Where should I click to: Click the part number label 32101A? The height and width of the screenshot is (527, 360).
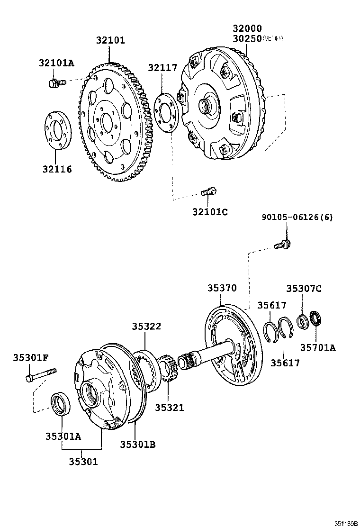[56, 62]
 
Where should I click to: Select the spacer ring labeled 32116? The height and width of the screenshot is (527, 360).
[57, 130]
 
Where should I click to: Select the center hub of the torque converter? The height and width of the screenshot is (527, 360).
[207, 106]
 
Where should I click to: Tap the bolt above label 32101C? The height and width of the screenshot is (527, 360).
[208, 192]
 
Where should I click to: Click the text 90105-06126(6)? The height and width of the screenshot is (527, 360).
[297, 217]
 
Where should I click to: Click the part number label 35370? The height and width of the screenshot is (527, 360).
[221, 288]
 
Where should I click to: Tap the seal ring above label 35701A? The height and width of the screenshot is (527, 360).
[315, 319]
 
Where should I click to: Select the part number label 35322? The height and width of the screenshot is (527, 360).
[146, 326]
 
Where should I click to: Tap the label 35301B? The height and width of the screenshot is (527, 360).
[137, 444]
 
